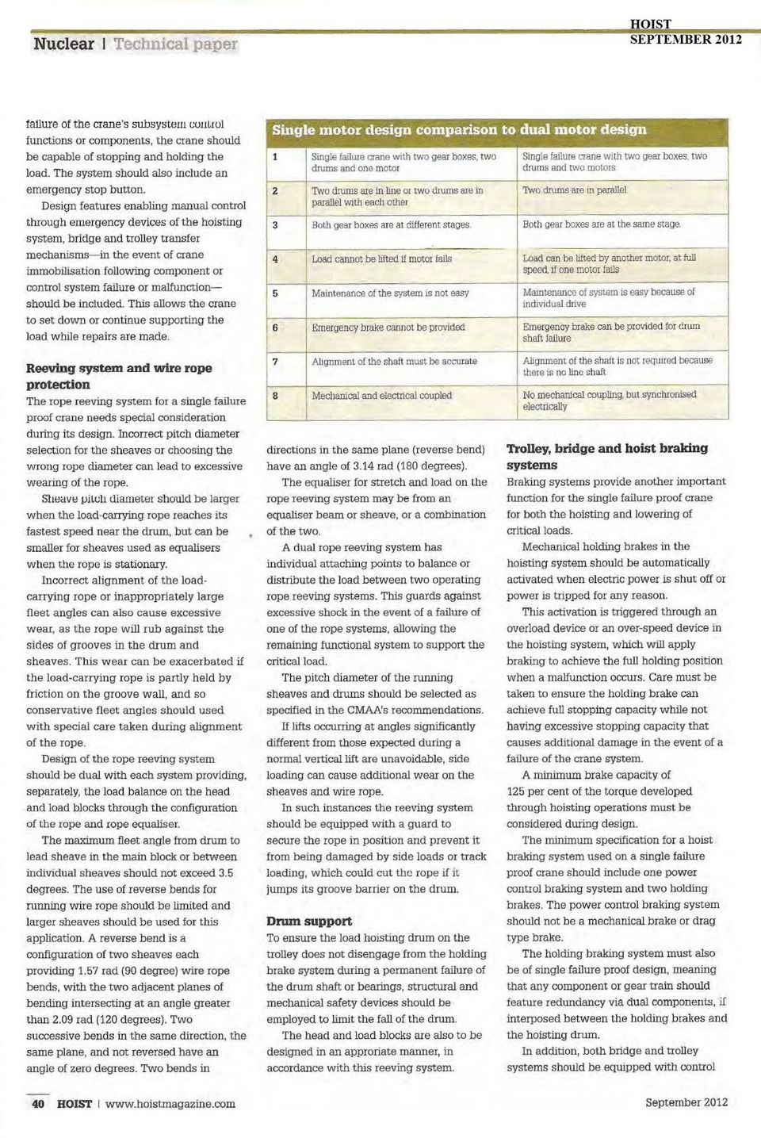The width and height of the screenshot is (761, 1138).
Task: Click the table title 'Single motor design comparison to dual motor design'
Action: [x=459, y=129]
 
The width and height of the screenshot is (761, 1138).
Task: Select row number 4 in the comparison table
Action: [x=275, y=259]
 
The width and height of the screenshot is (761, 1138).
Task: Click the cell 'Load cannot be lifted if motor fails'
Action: [x=381, y=259]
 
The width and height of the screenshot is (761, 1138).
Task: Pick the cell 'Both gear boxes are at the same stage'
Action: [x=601, y=224]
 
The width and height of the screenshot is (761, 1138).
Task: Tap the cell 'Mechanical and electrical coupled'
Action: [x=381, y=396]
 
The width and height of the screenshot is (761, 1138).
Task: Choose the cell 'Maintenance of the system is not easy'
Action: [x=390, y=293]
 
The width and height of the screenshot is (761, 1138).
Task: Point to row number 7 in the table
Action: [x=275, y=362]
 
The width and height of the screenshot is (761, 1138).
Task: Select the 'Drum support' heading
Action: [x=309, y=922]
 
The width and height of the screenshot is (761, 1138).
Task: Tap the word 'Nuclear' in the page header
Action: [x=63, y=44]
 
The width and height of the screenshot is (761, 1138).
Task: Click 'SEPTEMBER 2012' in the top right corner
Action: [x=686, y=39]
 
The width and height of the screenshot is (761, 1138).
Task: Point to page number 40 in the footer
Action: [x=38, y=1103]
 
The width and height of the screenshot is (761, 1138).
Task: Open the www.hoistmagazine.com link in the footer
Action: [x=170, y=1103]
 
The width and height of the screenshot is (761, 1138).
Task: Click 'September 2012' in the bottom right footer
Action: [x=686, y=1102]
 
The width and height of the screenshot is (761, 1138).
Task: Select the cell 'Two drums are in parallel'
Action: [x=574, y=190]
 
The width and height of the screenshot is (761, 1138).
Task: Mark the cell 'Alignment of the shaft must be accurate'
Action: [x=394, y=362]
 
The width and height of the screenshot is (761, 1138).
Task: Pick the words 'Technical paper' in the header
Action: [x=175, y=44]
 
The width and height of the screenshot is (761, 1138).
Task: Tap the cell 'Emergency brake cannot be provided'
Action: [x=388, y=328]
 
